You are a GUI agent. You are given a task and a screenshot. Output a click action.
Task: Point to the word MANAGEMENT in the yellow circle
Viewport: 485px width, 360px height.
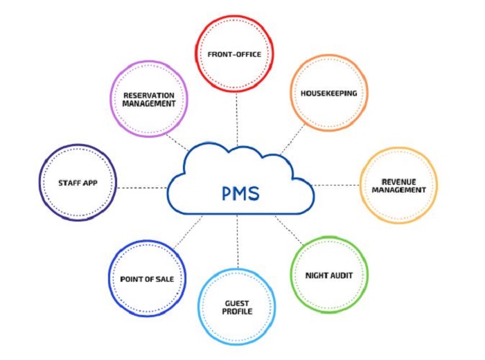[398, 190]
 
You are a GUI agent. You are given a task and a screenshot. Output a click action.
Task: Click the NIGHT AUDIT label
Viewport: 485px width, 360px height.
[329, 275]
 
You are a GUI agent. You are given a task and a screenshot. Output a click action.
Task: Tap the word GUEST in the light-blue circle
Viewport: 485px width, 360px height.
[237, 303]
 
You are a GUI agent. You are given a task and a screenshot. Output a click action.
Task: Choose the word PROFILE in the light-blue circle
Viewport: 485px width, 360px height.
[237, 312]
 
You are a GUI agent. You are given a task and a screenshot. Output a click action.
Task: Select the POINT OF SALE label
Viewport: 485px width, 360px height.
[147, 279]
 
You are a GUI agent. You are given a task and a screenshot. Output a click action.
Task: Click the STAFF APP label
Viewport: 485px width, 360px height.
[78, 183]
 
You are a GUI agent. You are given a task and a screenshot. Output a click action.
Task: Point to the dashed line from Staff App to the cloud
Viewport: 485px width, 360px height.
[142, 187]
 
